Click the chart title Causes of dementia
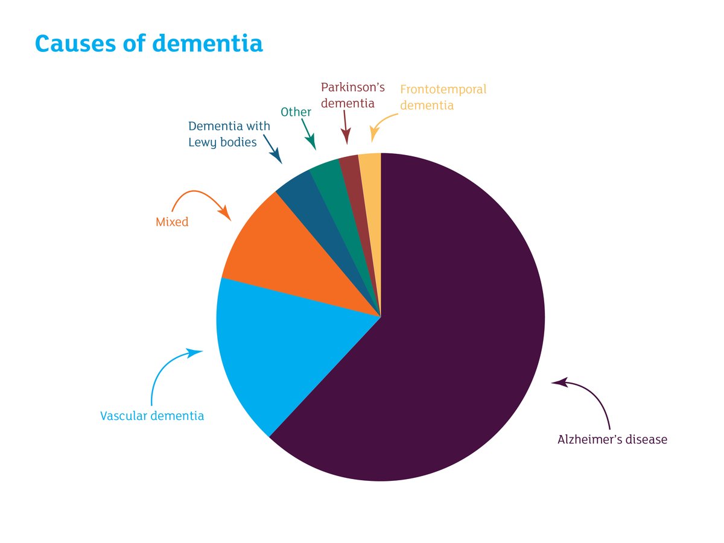148,43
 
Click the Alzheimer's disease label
612,439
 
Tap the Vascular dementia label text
151,416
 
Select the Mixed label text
172,222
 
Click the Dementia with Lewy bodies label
229,134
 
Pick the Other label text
296,112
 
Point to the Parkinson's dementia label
352,95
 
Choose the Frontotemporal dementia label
442,97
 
